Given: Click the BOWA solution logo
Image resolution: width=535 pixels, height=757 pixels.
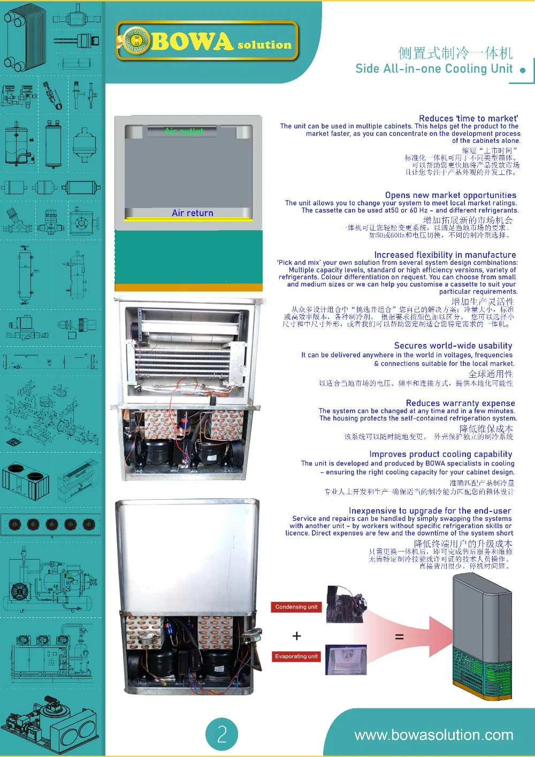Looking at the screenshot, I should tap(207, 41).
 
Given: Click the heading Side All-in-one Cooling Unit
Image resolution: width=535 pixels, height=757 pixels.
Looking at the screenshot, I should tap(434, 68).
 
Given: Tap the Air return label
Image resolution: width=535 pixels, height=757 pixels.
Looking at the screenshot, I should tap(193, 213).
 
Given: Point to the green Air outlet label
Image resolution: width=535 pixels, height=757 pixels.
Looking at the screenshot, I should tap(184, 131).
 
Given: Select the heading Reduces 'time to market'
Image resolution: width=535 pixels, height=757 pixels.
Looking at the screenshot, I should tap(468, 118).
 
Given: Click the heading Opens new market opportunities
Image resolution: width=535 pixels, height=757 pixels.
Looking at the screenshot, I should tap(450, 195).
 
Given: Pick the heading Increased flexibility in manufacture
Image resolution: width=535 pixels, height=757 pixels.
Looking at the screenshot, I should tap(445, 255).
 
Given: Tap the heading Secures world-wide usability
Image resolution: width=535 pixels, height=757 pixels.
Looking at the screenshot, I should tap(453, 346).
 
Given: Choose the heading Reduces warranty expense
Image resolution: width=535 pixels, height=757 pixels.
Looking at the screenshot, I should tap(460, 403).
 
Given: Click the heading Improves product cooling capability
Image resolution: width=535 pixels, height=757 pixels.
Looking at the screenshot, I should tap(441, 454).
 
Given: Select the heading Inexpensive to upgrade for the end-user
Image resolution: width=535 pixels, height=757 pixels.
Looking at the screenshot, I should tap(430, 511).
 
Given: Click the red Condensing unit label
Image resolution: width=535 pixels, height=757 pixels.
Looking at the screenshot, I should tap(296, 607).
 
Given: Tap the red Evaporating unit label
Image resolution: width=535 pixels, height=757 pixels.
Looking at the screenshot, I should tap(296, 656).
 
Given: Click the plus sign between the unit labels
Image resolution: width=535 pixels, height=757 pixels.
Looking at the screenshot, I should tap(297, 636).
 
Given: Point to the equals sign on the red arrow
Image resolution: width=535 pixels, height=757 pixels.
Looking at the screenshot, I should tap(399, 637).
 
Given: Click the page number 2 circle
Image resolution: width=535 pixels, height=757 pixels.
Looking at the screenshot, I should tap(221, 734).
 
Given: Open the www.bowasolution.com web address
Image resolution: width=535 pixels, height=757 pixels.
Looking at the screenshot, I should tap(434, 735).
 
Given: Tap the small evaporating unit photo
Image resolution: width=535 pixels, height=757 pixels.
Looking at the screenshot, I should tap(346, 660).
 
